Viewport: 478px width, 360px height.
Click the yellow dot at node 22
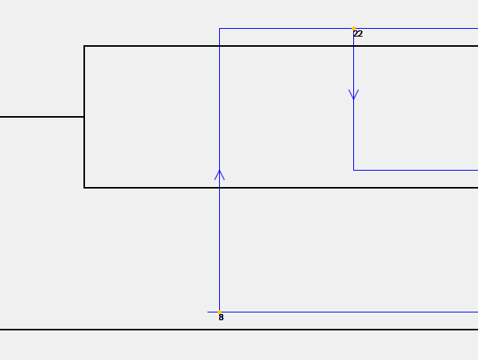353,28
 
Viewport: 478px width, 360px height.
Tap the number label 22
358,34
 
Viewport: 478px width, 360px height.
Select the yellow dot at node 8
219,312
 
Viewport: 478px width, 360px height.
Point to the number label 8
221,317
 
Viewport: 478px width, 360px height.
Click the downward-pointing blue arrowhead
353,95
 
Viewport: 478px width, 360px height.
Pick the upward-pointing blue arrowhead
219,175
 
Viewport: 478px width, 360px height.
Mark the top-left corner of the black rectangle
84,46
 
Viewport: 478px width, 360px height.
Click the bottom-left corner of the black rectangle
84,188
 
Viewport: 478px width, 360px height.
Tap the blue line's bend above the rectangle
219,28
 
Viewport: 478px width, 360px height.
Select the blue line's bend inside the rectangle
353,170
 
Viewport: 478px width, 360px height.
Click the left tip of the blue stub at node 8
207,312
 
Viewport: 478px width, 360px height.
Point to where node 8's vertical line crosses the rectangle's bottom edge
219,188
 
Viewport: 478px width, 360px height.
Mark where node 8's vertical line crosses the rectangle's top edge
219,46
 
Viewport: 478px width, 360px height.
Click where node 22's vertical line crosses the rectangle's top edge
353,46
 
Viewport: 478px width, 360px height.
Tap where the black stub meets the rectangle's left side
84,117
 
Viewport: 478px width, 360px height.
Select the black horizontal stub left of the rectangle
42,117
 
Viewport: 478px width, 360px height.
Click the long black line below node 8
239,330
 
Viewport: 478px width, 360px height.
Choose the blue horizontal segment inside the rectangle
416,170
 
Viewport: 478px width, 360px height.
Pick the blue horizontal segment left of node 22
286,28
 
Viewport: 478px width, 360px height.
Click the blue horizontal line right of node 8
349,312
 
